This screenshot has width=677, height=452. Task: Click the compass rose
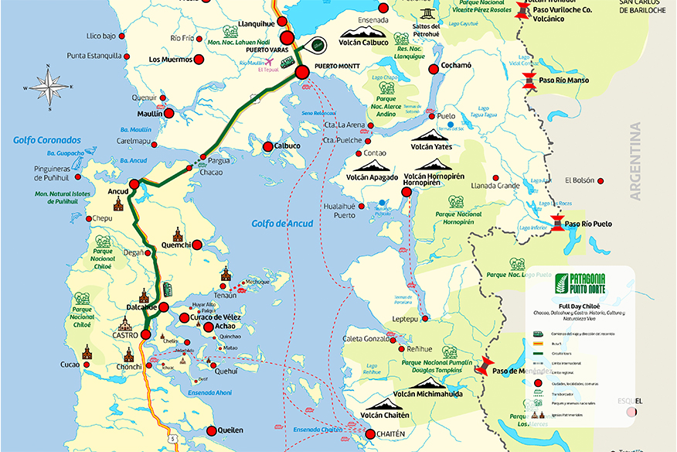click(x=48, y=87)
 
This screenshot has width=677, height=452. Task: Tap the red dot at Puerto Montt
click(x=301, y=72)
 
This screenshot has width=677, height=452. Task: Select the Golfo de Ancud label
click(x=282, y=224)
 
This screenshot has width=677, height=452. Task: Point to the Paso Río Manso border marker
click(x=529, y=80)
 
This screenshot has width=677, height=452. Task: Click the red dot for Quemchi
click(x=196, y=245)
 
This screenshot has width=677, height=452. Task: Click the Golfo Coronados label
click(x=46, y=140)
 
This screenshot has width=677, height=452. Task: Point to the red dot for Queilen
click(x=211, y=430)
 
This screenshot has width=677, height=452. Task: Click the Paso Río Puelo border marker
click(x=557, y=224)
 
